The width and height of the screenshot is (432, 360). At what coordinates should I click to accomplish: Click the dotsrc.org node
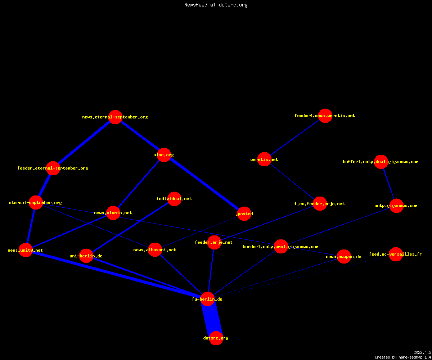coord(216,338)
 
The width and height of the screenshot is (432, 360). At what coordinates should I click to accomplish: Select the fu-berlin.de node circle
coord(207,299)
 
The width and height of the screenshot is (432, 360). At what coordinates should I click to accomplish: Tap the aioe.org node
coord(164,155)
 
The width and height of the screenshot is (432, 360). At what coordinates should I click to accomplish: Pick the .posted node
coord(244,214)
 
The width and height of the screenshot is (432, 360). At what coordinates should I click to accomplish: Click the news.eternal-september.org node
coord(115,117)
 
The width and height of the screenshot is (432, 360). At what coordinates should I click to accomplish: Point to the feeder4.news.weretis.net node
coord(325,116)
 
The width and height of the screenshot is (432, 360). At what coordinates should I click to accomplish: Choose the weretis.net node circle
coord(264,159)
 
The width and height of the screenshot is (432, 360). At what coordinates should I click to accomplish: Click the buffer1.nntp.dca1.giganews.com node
coord(381,162)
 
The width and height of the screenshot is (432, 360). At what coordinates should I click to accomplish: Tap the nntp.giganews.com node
coord(396,206)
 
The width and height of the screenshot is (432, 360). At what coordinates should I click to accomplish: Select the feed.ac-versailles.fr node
coord(396,254)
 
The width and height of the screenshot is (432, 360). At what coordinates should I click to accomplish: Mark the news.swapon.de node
coord(344,257)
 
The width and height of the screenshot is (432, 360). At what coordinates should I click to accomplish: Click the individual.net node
coord(174,199)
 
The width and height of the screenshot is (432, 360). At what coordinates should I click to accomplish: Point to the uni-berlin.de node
coord(86,256)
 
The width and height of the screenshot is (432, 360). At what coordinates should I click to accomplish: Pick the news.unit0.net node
coord(26,250)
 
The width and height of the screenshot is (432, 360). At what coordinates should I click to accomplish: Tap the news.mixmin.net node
coord(113,213)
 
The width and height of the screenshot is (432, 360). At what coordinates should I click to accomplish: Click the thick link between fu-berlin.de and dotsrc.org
coord(212,319)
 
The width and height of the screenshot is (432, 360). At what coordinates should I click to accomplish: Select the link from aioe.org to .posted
coord(204,184)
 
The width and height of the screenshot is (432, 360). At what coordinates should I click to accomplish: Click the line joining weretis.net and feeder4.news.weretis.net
coord(294,138)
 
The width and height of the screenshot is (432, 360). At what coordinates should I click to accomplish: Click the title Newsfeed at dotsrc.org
coord(216,5)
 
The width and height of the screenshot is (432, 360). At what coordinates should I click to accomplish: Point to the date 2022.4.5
coord(422,352)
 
